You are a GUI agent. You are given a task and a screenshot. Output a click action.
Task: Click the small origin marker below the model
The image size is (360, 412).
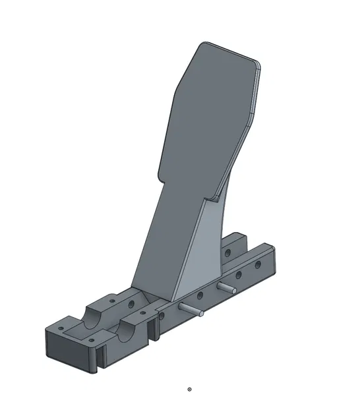pyautogui.click(x=190, y=390)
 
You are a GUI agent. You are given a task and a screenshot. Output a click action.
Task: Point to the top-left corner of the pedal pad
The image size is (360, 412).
pyautogui.click(x=203, y=45)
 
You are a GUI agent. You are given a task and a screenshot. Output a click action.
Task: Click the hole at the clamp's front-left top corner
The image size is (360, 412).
pyautogui.click(x=59, y=327)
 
